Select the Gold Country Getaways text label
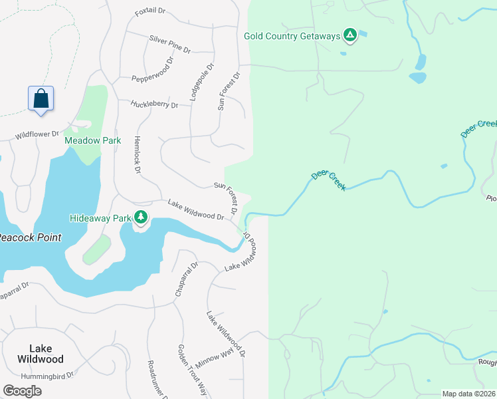(x=292, y=36)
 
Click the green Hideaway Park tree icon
(x=141, y=217)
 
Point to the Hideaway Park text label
(x=100, y=217)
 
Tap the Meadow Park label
(x=92, y=140)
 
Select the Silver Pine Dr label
(x=169, y=45)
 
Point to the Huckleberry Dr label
(x=155, y=104)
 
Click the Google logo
(x=22, y=390)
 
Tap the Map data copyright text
(x=469, y=394)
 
